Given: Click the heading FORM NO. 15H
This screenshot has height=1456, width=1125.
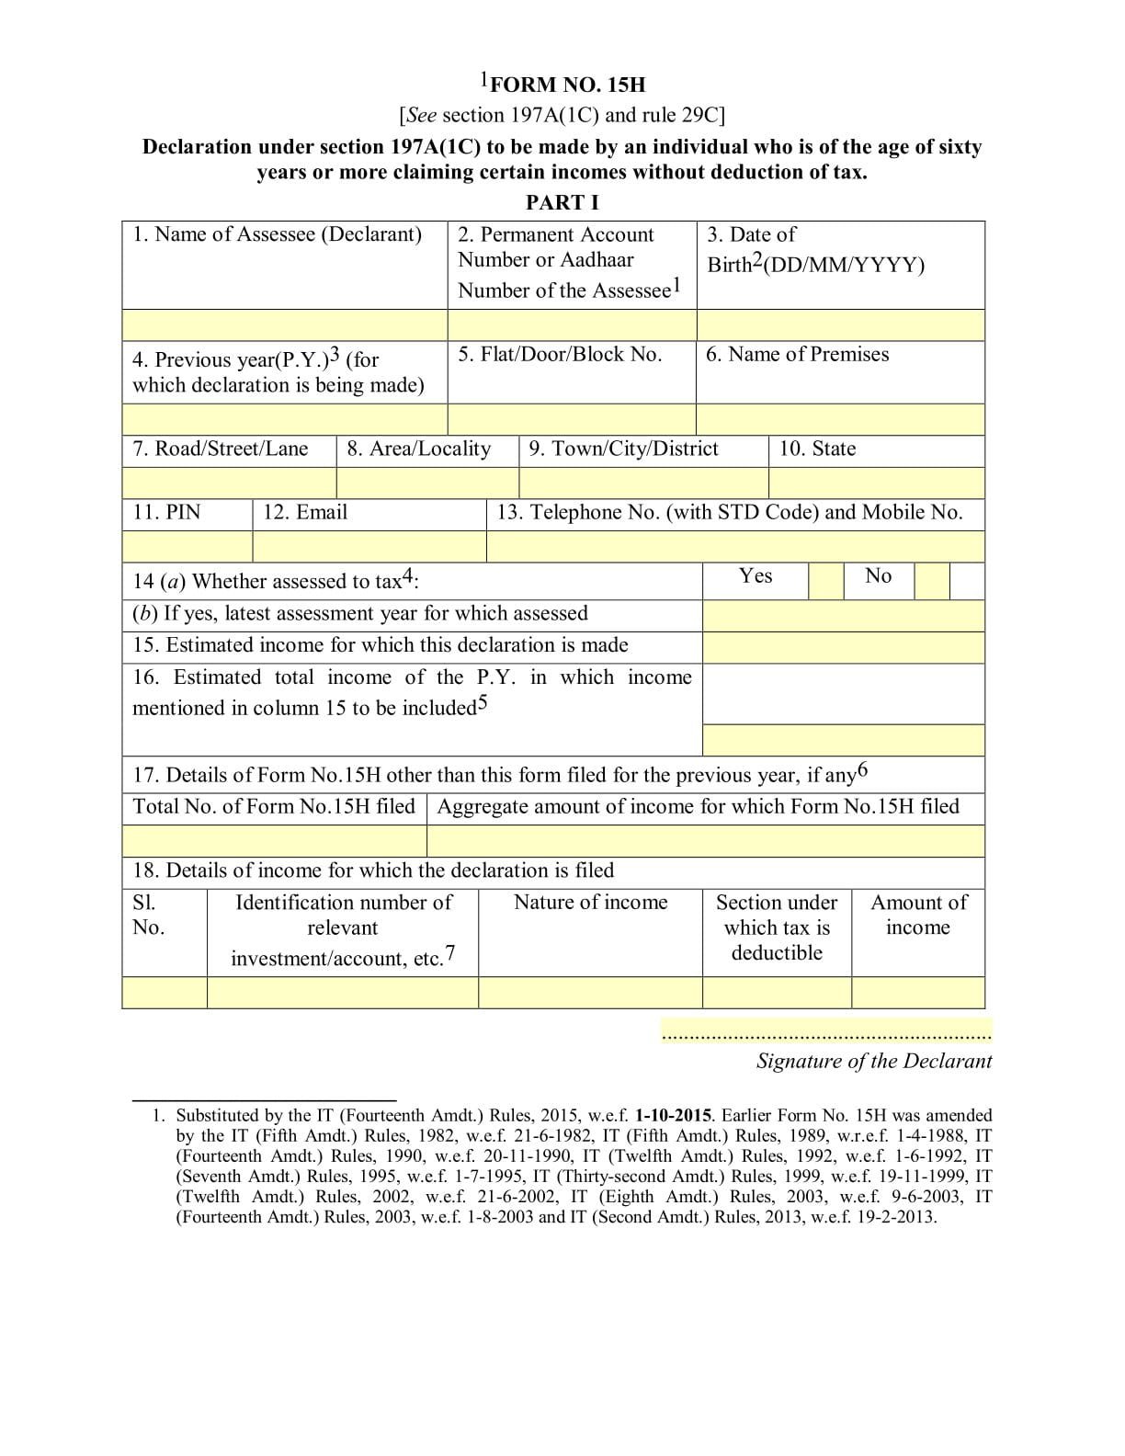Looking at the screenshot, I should (x=566, y=85).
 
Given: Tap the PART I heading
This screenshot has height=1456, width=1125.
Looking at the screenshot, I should (x=562, y=202).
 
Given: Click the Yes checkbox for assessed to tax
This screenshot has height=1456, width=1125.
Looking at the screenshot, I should (x=825, y=582).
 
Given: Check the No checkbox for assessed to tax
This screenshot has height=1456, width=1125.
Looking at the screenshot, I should (x=931, y=582).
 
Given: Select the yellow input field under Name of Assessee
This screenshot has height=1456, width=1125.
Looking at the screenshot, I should (x=285, y=325).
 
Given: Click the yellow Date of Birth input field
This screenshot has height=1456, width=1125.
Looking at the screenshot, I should (x=840, y=325).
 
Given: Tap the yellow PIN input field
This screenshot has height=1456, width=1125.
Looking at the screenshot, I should (x=187, y=547).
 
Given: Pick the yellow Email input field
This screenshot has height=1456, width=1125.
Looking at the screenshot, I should (x=369, y=547).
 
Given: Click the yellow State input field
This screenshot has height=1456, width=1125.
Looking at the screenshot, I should (x=876, y=483).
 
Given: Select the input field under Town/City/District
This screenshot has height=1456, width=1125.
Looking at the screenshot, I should (x=643, y=483).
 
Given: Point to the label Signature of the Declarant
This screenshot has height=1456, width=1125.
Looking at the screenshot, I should (x=873, y=1061).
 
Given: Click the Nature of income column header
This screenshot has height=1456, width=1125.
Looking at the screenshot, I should (x=590, y=903).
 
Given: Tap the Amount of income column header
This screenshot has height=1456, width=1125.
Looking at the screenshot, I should (x=918, y=915).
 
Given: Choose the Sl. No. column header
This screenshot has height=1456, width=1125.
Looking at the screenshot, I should (x=149, y=915).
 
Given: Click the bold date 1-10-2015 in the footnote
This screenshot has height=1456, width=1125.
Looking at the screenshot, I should (x=673, y=1116).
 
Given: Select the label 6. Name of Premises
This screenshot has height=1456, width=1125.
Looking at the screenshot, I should (x=797, y=355).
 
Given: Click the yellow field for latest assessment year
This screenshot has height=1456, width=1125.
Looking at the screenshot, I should (x=843, y=616).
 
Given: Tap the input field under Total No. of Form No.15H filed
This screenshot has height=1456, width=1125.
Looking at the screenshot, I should (x=274, y=841).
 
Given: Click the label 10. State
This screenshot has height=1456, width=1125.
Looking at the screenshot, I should (x=817, y=449).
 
